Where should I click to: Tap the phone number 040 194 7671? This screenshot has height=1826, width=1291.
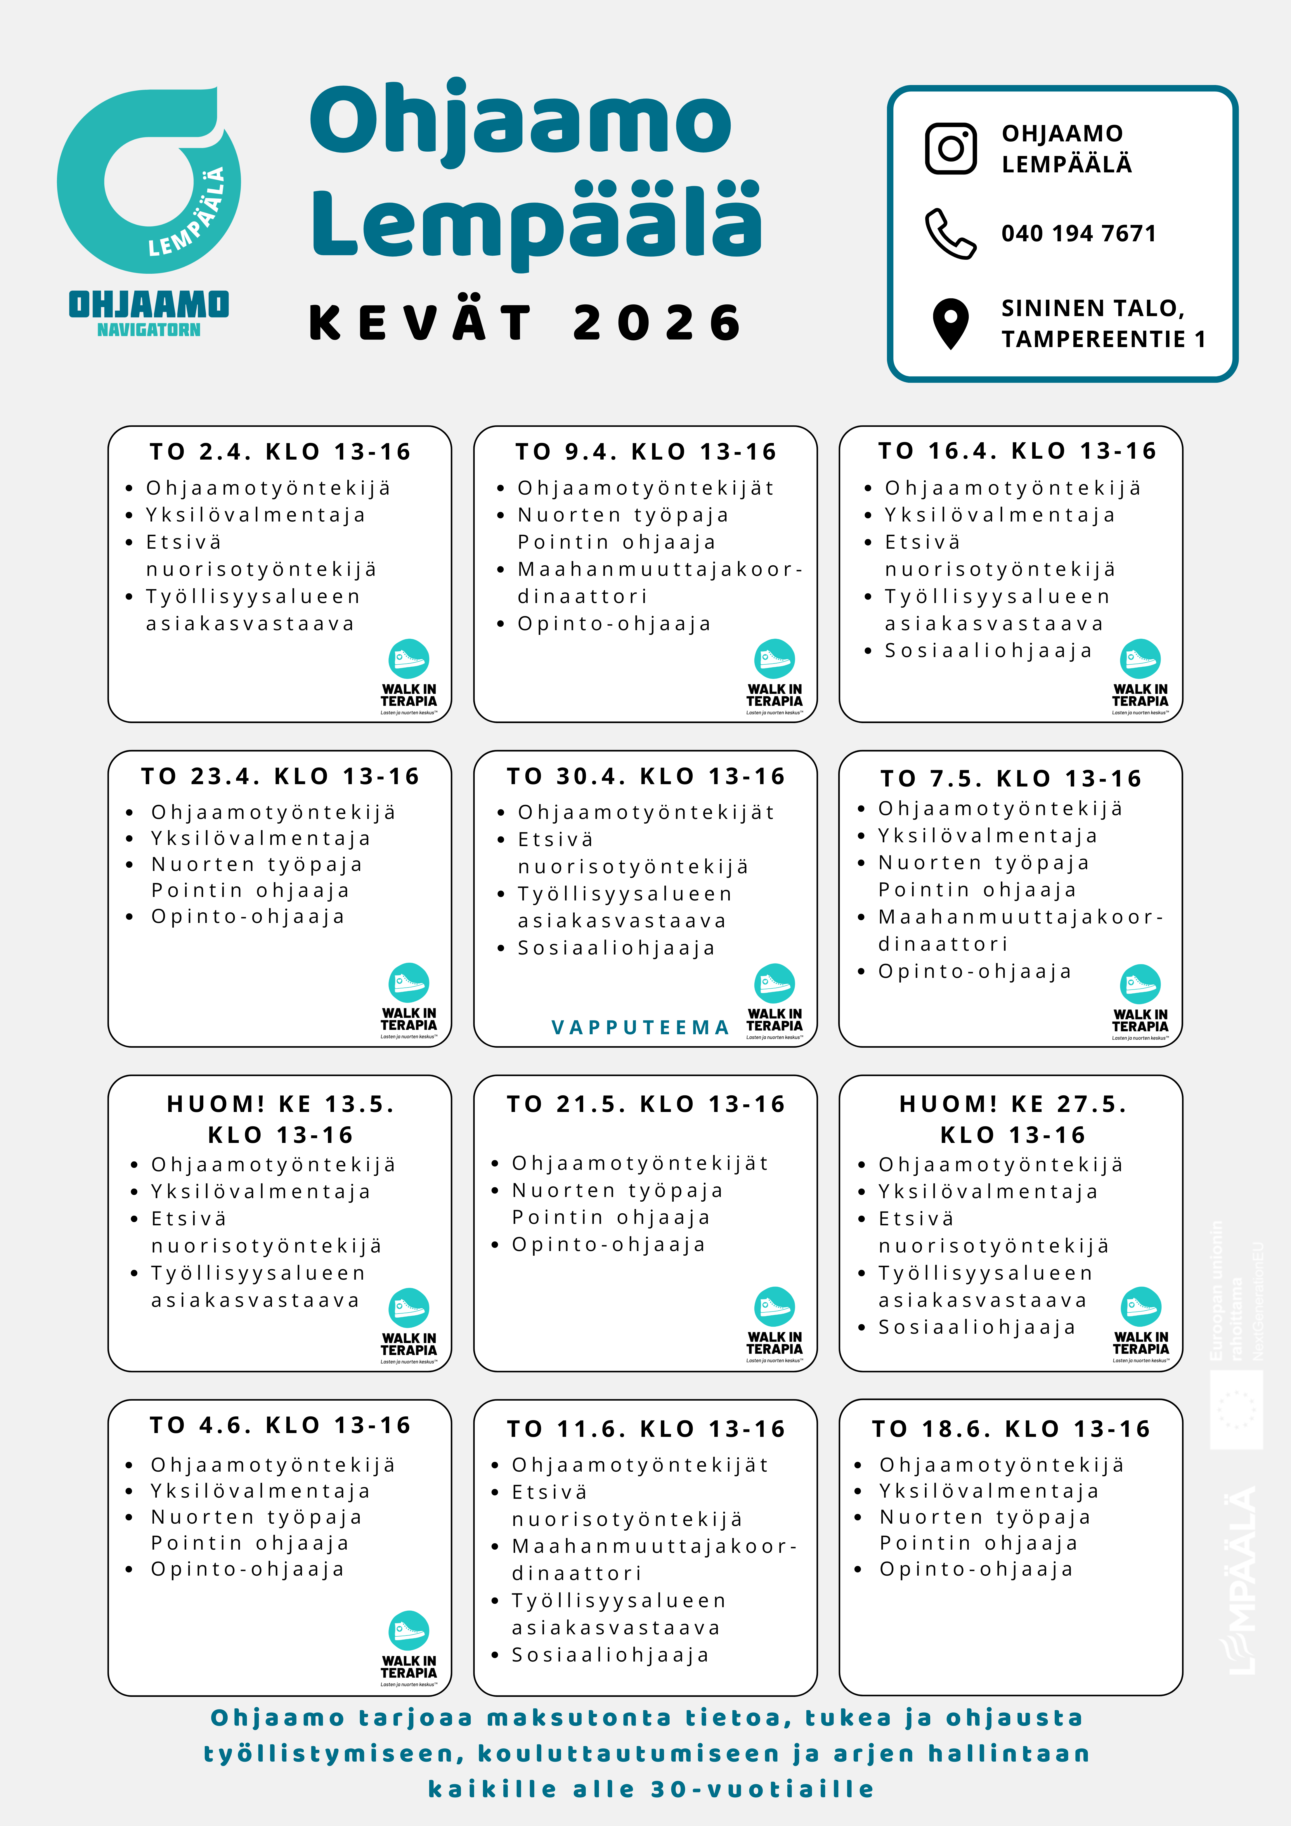[x=1079, y=234]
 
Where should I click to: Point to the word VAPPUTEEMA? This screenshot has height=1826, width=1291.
[x=640, y=1028]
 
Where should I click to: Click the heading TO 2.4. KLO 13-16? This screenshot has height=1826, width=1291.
[x=280, y=452]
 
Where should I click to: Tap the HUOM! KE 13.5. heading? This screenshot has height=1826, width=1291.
[x=280, y=1104]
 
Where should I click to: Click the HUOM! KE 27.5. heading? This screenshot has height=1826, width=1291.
[x=1013, y=1104]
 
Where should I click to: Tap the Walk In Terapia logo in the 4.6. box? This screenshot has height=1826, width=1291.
[x=409, y=1648]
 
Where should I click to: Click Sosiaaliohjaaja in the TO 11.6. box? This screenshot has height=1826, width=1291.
[x=610, y=1655]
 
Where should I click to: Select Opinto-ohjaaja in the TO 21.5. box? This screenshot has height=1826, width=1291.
[x=609, y=1245]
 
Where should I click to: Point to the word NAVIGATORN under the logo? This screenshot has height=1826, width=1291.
[x=149, y=330]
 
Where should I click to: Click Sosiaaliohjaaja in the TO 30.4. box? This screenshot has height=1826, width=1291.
[x=616, y=948]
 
